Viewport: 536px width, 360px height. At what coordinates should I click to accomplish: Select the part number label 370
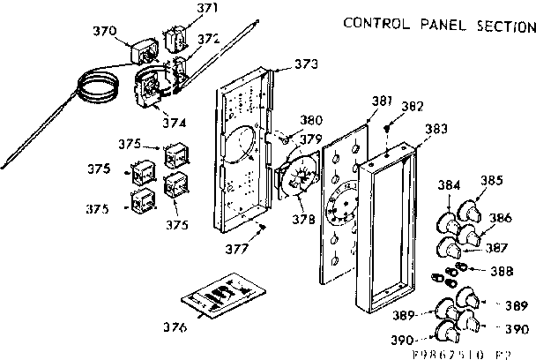pyautogui.click(x=105, y=31)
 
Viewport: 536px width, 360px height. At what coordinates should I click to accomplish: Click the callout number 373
pyautogui.click(x=307, y=64)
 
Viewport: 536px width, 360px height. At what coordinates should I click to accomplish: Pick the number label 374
pyautogui.click(x=175, y=122)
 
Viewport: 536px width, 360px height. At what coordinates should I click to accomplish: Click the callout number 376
pyautogui.click(x=175, y=327)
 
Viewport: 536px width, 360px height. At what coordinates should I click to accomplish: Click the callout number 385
pyautogui.click(x=492, y=181)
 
